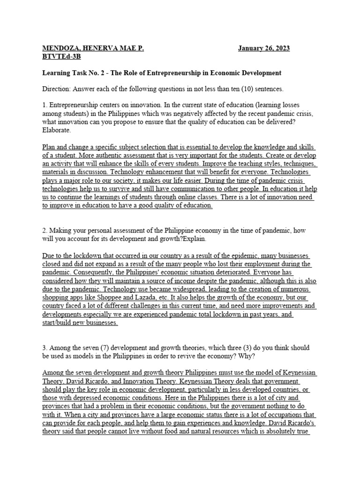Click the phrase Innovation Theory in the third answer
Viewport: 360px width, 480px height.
[144, 381]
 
